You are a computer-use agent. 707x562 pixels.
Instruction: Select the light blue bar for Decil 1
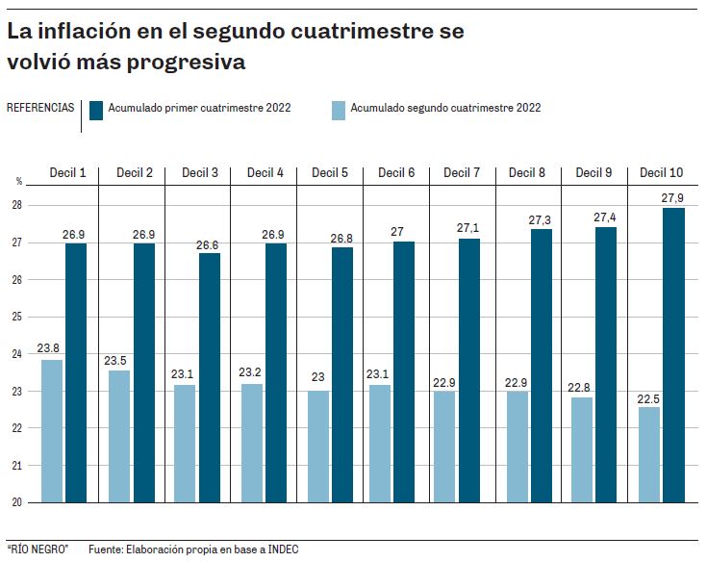pyautogui.click(x=52, y=430)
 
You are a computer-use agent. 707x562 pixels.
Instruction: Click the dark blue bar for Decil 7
pyautogui.click(x=469, y=370)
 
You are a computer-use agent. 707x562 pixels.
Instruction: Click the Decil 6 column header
pyautogui.click(x=396, y=173)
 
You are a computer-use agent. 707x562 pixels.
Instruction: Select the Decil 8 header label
pyautogui.click(x=527, y=173)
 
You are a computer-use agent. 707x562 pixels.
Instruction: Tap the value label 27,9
pyautogui.click(x=672, y=198)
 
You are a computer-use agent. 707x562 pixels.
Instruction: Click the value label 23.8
pyautogui.click(x=50, y=349)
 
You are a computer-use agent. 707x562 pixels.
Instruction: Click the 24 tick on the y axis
pyautogui.click(x=16, y=354)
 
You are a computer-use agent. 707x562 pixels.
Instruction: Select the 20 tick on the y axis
pyautogui.click(x=16, y=502)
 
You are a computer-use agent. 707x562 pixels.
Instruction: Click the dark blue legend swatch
pyautogui.click(x=96, y=109)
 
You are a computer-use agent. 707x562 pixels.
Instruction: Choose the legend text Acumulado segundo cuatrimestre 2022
pyautogui.click(x=444, y=109)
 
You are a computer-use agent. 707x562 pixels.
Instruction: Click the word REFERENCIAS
pyautogui.click(x=40, y=108)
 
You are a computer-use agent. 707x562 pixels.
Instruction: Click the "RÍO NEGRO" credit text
pyautogui.click(x=38, y=549)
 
